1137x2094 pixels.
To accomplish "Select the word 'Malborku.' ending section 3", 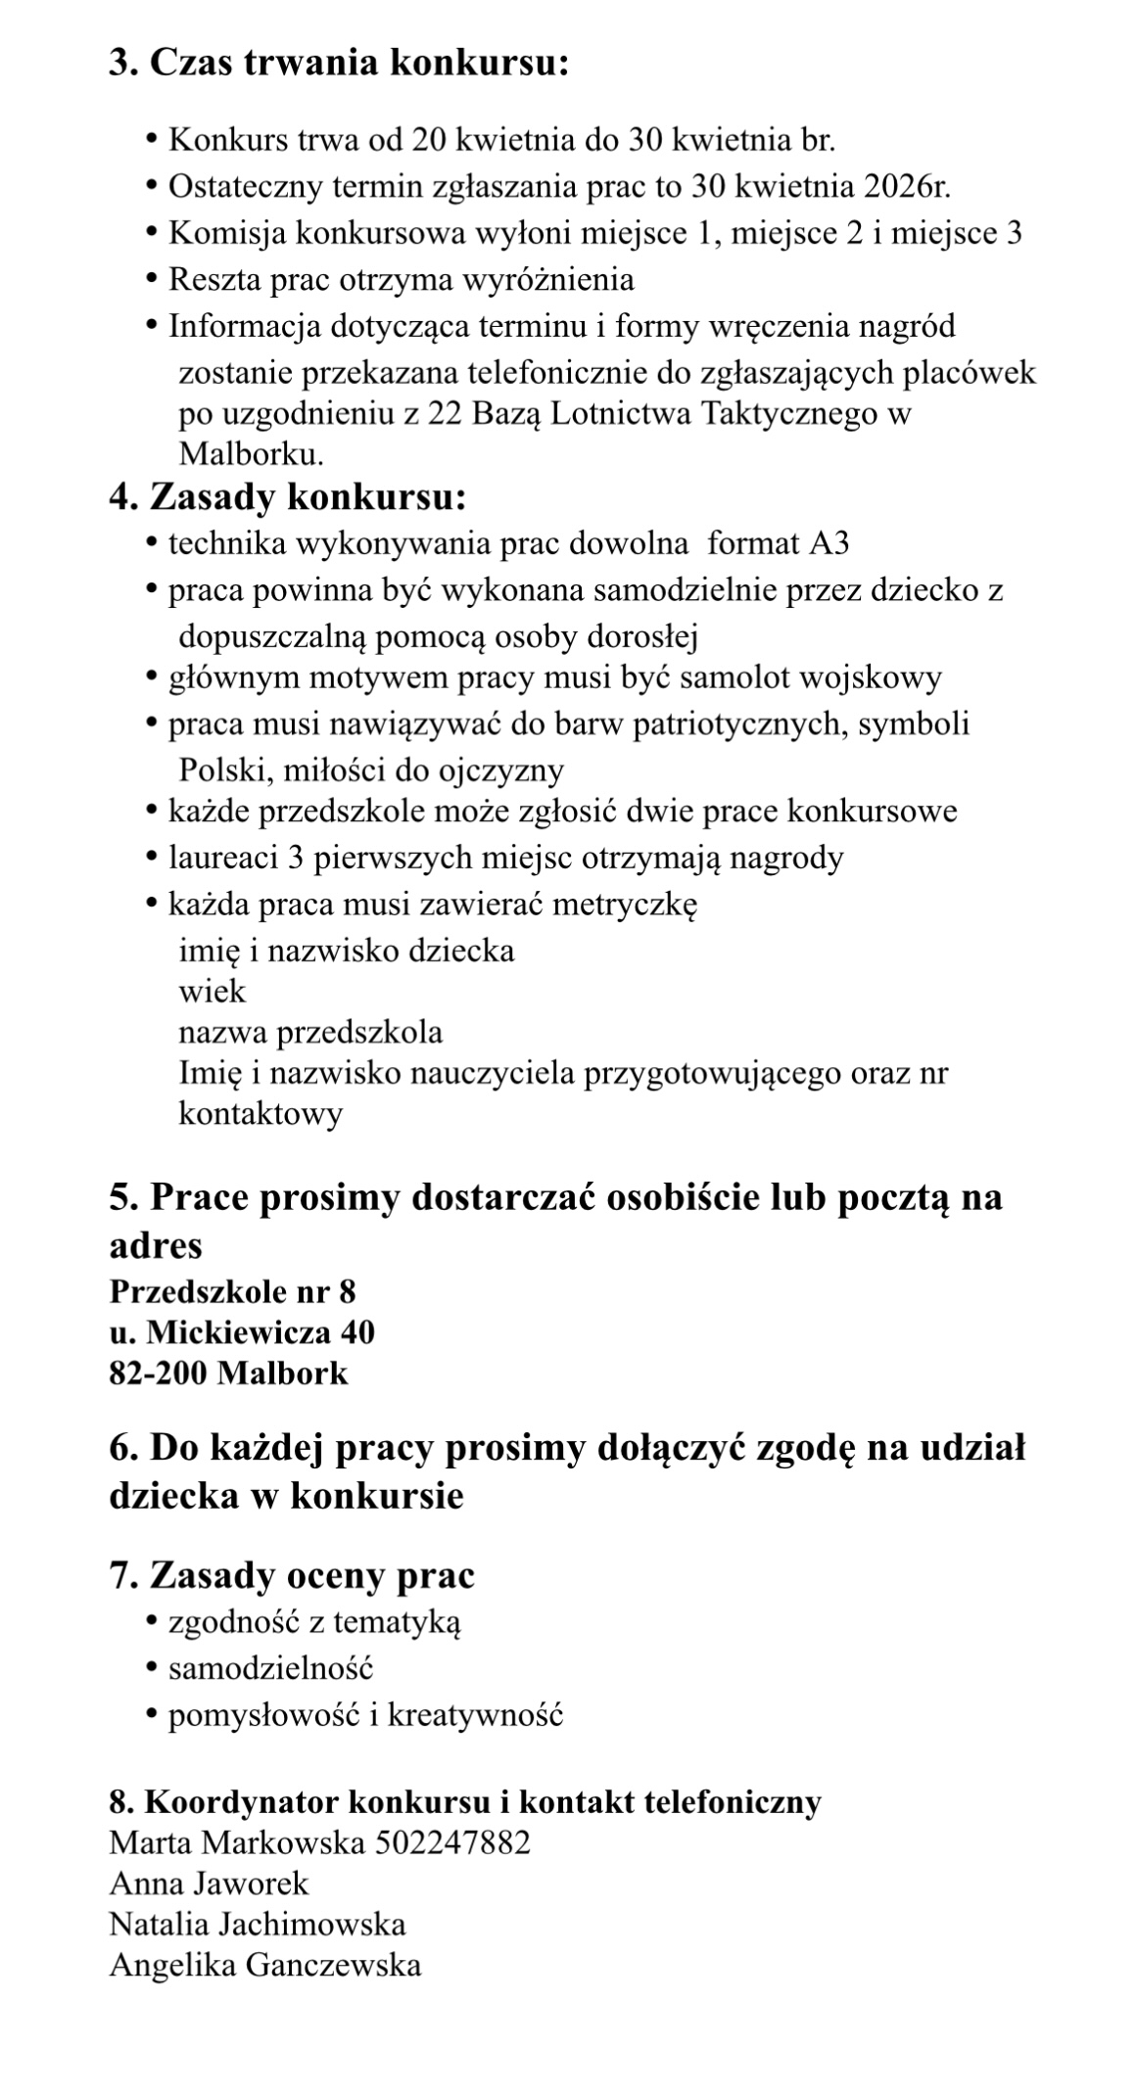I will click(x=251, y=454).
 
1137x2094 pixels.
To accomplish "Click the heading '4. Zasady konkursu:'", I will click(x=287, y=497).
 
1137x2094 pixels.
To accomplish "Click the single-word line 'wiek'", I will click(x=212, y=992).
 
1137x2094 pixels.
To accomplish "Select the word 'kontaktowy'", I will click(x=261, y=1114).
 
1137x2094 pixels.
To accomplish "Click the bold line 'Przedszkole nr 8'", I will click(x=232, y=1291).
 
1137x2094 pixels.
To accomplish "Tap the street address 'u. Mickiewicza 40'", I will click(x=242, y=1332).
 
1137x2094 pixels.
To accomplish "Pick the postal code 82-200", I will click(x=158, y=1373).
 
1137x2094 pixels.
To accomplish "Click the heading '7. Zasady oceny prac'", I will click(x=292, y=1575).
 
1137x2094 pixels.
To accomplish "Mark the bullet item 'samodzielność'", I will click(x=271, y=1668).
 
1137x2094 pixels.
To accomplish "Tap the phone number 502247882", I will click(x=452, y=1843).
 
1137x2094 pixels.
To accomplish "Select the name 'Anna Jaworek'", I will click(x=209, y=1883).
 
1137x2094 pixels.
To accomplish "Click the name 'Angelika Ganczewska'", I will click(x=265, y=1965).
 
